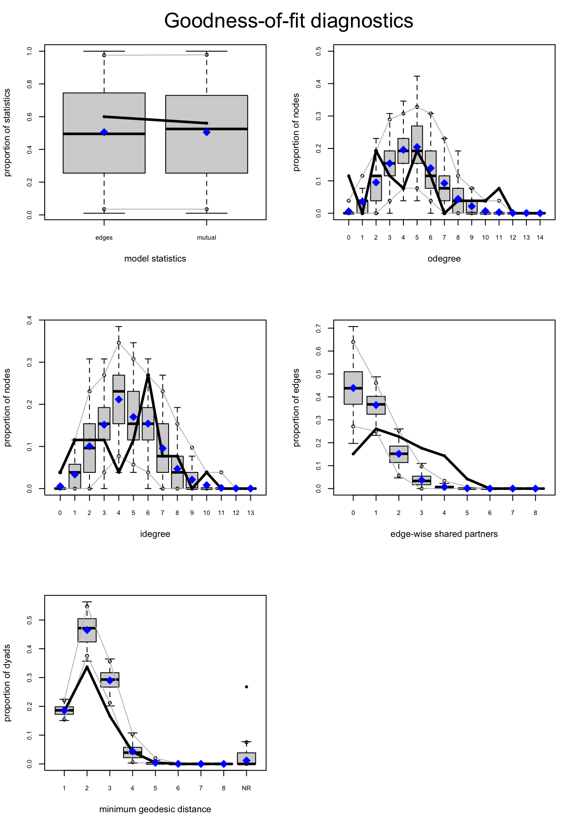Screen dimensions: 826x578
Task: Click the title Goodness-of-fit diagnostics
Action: click(289, 21)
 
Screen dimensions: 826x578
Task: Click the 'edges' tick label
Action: click(104, 237)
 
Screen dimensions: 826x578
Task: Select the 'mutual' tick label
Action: click(206, 237)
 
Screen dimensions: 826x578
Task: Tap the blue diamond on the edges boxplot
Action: click(104, 133)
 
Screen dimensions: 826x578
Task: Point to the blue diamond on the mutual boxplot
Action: click(206, 132)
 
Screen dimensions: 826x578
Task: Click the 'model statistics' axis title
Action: click(155, 259)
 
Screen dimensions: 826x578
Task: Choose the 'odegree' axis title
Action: click(444, 259)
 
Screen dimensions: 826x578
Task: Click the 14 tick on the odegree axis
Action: click(540, 237)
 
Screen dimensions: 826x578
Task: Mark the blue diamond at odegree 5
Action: click(417, 147)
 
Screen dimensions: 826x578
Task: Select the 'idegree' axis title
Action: click(155, 534)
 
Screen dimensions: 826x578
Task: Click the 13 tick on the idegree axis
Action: click(251, 513)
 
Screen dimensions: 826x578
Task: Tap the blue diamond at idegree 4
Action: click(119, 400)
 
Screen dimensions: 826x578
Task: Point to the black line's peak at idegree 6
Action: click(148, 375)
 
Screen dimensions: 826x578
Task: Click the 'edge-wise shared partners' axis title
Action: click(444, 534)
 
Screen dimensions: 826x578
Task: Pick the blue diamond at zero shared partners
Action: click(353, 388)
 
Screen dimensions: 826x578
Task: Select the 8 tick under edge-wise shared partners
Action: click(535, 513)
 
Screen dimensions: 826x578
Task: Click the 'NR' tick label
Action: click(246, 788)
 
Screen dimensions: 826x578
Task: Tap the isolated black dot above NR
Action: click(246, 687)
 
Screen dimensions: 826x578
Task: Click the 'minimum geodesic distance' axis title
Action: click(155, 809)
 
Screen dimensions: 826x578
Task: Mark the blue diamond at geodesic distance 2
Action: click(87, 630)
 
